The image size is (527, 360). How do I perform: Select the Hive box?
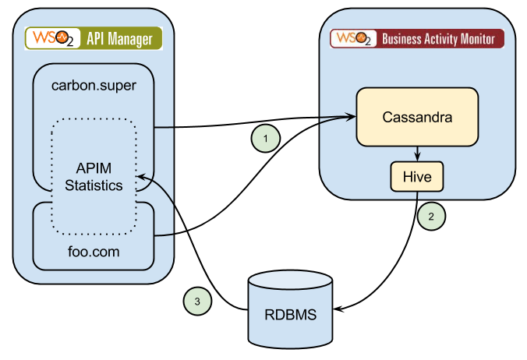coord(416,177)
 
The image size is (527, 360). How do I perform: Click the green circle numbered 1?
coord(266,139)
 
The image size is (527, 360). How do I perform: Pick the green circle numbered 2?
coord(431,217)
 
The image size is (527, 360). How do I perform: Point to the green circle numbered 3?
coord(197,300)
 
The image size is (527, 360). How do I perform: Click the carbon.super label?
coord(93,85)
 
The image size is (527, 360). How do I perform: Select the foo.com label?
coord(93,253)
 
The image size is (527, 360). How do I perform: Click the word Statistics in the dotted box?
coord(94,185)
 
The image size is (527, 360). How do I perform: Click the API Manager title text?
coord(118,38)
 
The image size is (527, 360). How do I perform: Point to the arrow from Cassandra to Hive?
coord(417,153)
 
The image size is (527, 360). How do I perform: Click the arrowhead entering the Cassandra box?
coord(350,118)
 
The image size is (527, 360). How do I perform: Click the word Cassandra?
coord(417,118)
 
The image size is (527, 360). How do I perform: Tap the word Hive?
coord(416,177)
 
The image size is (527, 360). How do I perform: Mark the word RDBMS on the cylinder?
coord(289,316)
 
